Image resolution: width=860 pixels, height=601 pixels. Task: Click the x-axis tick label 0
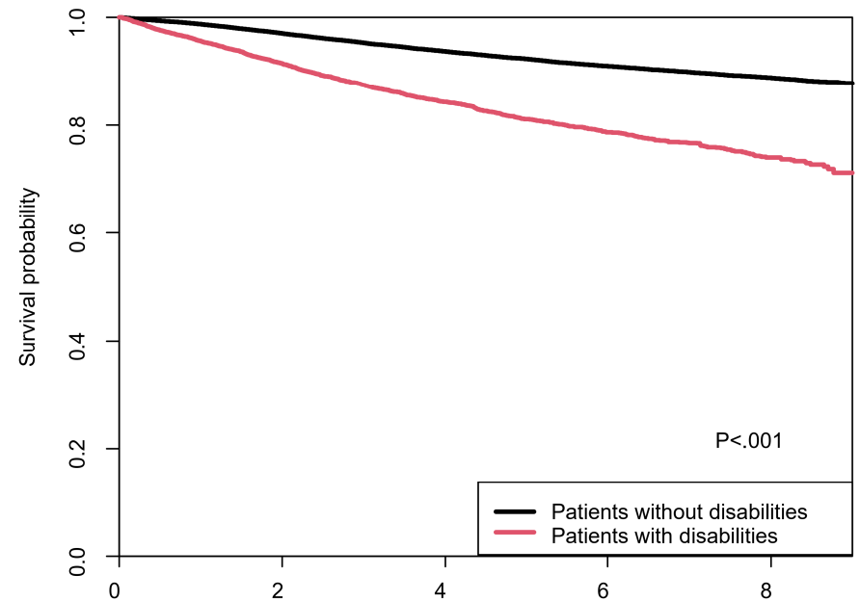coord(115,590)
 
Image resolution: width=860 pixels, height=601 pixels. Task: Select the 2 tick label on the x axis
coord(278,590)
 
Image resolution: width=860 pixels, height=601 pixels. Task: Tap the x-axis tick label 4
coord(441,590)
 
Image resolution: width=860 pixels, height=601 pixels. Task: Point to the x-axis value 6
coord(604,590)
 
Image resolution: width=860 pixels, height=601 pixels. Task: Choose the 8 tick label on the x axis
coord(766,590)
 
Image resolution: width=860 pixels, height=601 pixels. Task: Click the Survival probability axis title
coord(27,276)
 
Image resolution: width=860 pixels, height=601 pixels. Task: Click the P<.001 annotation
coord(749,440)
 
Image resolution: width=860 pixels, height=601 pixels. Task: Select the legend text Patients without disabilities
coord(679,511)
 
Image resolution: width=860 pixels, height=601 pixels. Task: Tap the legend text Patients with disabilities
coord(664,536)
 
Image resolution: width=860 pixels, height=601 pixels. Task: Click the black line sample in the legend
coord(515,511)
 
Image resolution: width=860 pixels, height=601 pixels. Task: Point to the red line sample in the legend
coord(515,532)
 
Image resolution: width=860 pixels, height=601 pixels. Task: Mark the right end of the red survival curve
coord(852,173)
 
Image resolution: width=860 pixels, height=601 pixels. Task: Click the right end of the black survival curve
coord(852,83)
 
